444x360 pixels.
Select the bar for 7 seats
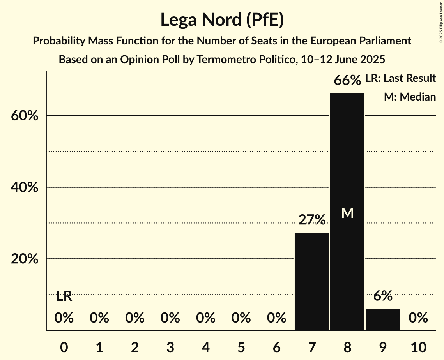click(311, 281)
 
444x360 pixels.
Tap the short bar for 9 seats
click(382, 319)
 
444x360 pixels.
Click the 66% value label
click(347, 81)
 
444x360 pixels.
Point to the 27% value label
click(312, 220)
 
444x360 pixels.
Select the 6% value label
click(382, 296)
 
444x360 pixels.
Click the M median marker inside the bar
click(347, 213)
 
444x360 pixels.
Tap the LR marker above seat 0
click(64, 296)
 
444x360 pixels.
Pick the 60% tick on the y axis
click(25, 116)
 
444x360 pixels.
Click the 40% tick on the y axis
click(25, 187)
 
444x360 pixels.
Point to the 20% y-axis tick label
click(25, 259)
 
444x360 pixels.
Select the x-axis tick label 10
click(418, 346)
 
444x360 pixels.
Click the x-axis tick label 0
click(64, 346)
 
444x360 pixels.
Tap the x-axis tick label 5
click(241, 346)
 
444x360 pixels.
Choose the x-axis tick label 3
click(170, 346)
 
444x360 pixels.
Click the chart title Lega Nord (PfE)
click(222, 20)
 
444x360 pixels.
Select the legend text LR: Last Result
click(400, 78)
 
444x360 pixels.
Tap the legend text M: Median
click(410, 97)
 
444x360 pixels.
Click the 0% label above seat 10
click(418, 318)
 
